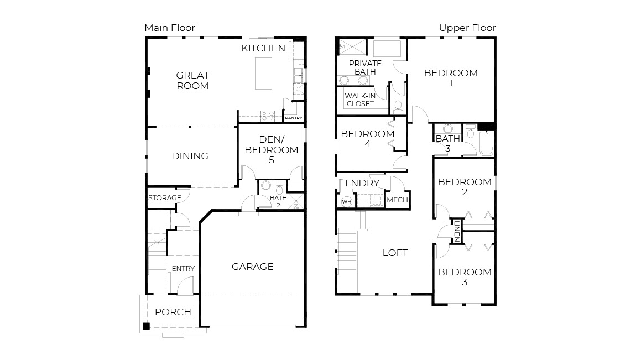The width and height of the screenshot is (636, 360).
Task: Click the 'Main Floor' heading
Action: [x=170, y=28]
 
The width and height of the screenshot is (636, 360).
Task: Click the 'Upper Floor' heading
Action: [x=467, y=28]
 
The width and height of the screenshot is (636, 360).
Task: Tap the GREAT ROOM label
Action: [x=192, y=80]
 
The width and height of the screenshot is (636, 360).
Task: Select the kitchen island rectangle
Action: [x=264, y=72]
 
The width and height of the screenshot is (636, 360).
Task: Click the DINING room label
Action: [x=190, y=156]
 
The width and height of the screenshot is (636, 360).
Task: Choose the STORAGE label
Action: [x=164, y=198]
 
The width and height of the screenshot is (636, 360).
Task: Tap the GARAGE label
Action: [x=252, y=267]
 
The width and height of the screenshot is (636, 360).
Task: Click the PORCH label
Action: [x=173, y=312]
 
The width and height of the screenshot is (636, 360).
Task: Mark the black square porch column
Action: [x=146, y=326]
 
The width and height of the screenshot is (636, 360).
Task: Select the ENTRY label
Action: [x=183, y=269]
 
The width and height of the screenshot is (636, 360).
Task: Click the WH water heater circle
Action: [x=347, y=202]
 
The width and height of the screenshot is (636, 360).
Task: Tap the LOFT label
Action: [x=395, y=253]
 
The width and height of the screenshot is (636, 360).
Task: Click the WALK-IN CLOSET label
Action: [x=360, y=100]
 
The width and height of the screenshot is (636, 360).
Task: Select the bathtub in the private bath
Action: [x=389, y=49]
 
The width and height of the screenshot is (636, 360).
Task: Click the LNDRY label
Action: [x=362, y=184]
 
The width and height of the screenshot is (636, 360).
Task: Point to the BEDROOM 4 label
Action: [x=367, y=139]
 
